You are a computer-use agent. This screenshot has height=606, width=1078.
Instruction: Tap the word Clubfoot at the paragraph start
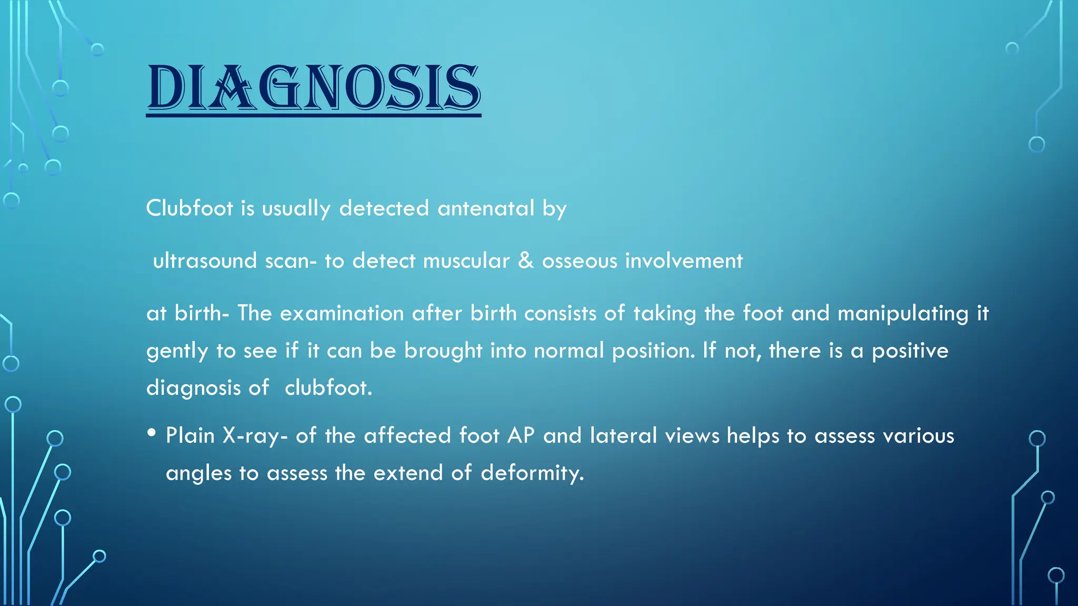point(189,208)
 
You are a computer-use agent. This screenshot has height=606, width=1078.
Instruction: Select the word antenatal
point(486,208)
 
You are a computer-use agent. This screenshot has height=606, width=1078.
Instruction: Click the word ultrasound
point(205,261)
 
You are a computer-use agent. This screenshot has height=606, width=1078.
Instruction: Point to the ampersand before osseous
point(526,261)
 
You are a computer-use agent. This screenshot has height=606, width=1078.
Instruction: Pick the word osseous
point(580,261)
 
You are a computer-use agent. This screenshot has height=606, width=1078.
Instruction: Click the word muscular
point(466,261)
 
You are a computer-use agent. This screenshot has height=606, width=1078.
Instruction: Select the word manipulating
point(903,314)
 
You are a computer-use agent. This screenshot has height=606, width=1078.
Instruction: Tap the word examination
point(342,314)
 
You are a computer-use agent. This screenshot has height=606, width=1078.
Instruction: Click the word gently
point(177,351)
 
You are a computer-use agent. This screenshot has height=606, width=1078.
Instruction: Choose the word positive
point(910,351)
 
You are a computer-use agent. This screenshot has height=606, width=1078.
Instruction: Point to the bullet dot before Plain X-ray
point(152,433)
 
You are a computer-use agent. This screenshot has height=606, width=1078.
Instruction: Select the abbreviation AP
point(521,436)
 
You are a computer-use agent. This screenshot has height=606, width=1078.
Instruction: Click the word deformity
point(532,473)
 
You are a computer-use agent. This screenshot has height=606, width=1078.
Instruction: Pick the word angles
point(198,473)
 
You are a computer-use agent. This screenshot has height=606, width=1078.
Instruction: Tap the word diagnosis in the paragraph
point(193,389)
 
